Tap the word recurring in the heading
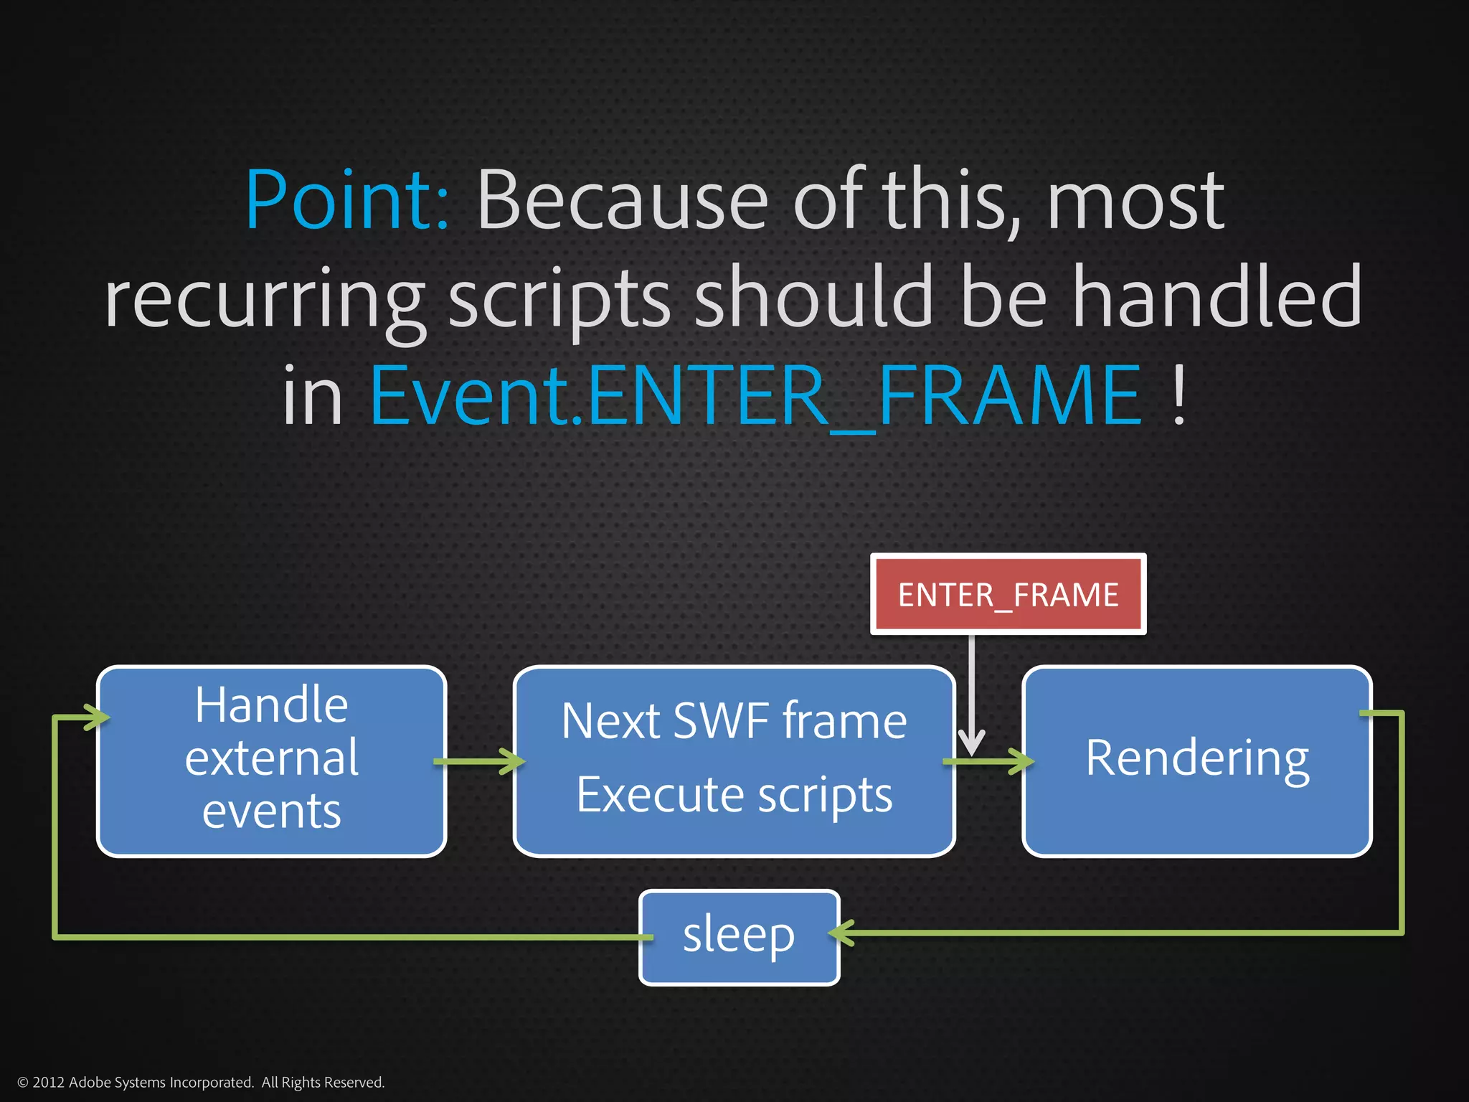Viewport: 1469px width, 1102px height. coord(264,298)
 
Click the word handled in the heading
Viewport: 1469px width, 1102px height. coord(1217,296)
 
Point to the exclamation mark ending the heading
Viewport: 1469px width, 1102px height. coord(1178,396)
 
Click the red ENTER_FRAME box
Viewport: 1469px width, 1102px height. coord(1008,595)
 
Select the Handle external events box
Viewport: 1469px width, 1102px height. coord(271,760)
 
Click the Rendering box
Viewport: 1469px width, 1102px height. coord(1196,760)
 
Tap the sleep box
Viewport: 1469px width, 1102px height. coord(739,937)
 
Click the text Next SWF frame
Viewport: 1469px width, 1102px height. coord(734,720)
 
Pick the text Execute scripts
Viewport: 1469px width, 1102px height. coord(734,795)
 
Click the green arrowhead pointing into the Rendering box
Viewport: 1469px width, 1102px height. coord(1022,761)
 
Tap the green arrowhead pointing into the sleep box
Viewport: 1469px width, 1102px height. coord(841,933)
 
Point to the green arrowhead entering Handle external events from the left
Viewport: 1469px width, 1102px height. coord(98,717)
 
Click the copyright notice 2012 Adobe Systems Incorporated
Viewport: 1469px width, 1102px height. coord(201,1082)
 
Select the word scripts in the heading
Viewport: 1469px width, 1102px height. coord(559,298)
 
